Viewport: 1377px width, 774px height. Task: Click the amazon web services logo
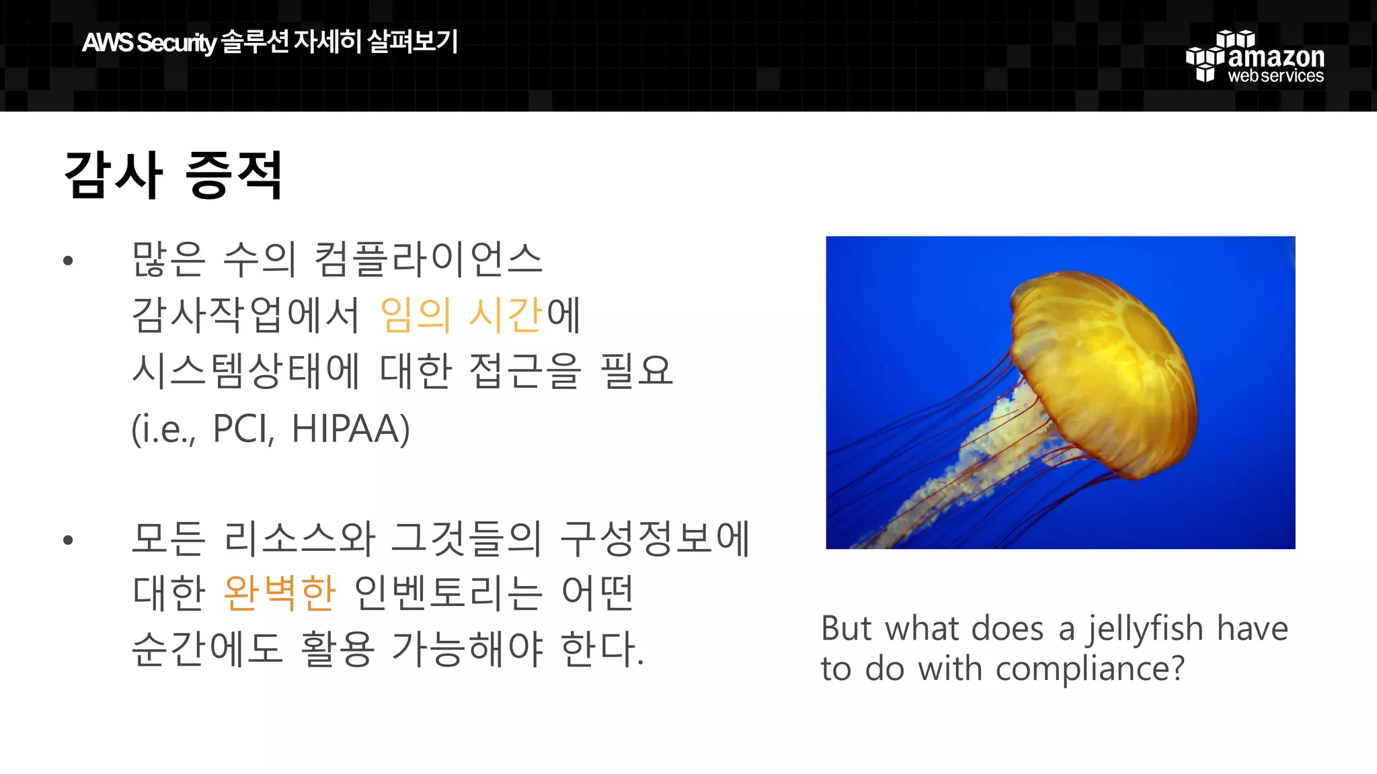pyautogui.click(x=1255, y=58)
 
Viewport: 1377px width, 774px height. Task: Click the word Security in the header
pyautogui.click(x=176, y=43)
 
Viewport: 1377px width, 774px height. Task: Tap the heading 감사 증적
pyautogui.click(x=173, y=175)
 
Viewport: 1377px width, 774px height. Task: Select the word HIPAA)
pyautogui.click(x=350, y=429)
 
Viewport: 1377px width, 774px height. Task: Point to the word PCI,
pyautogui.click(x=243, y=429)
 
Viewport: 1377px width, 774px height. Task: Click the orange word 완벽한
pyautogui.click(x=279, y=593)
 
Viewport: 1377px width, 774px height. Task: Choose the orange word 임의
pyautogui.click(x=415, y=314)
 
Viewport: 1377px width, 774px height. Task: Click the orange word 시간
pyautogui.click(x=506, y=314)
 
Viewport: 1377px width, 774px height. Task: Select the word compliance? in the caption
pyautogui.click(x=1089, y=669)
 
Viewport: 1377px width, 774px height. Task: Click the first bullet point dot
pyautogui.click(x=68, y=261)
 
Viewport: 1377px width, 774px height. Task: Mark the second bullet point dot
pyautogui.click(x=68, y=540)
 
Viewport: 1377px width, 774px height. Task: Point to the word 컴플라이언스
pyautogui.click(x=428, y=259)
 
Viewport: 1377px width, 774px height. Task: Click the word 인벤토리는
pyautogui.click(x=447, y=593)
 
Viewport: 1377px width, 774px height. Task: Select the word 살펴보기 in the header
pyautogui.click(x=413, y=42)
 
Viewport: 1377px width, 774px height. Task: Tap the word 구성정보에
pyautogui.click(x=655, y=539)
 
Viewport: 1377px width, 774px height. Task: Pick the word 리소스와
pyautogui.click(x=299, y=539)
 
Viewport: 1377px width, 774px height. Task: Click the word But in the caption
pyautogui.click(x=847, y=630)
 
